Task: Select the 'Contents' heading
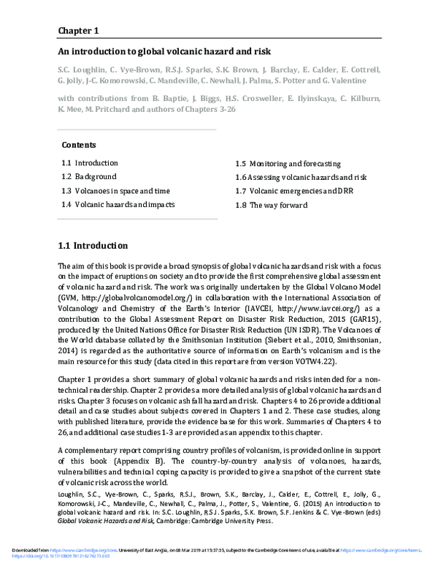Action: pos(79,145)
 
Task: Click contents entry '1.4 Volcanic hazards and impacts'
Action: pos(118,205)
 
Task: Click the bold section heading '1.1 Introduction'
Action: pos(93,246)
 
